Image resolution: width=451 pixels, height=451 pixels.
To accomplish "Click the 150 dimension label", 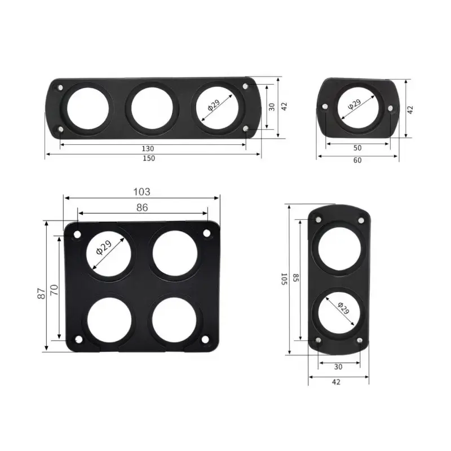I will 148,158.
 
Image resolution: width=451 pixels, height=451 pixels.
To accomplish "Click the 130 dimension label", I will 148,148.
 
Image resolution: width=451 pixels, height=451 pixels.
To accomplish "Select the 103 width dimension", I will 142,192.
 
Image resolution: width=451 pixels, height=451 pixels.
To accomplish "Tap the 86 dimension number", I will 142,207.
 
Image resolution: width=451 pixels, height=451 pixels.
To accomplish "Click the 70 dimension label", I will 55,290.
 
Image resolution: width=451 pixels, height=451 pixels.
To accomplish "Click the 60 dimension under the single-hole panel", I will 357,160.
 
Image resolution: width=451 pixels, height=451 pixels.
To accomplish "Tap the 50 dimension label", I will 357,148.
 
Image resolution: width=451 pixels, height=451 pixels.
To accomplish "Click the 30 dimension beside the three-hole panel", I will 272,107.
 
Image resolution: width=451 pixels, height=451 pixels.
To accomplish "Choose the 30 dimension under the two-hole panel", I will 338,366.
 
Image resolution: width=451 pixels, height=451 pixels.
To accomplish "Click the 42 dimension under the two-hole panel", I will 337,382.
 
